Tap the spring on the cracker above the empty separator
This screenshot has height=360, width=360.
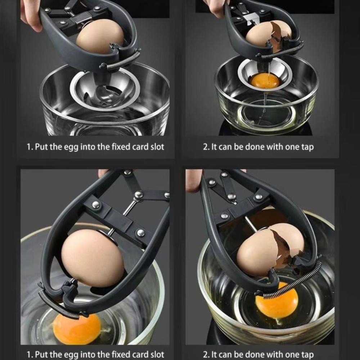(121, 61)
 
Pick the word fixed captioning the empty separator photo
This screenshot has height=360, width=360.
(120, 147)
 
